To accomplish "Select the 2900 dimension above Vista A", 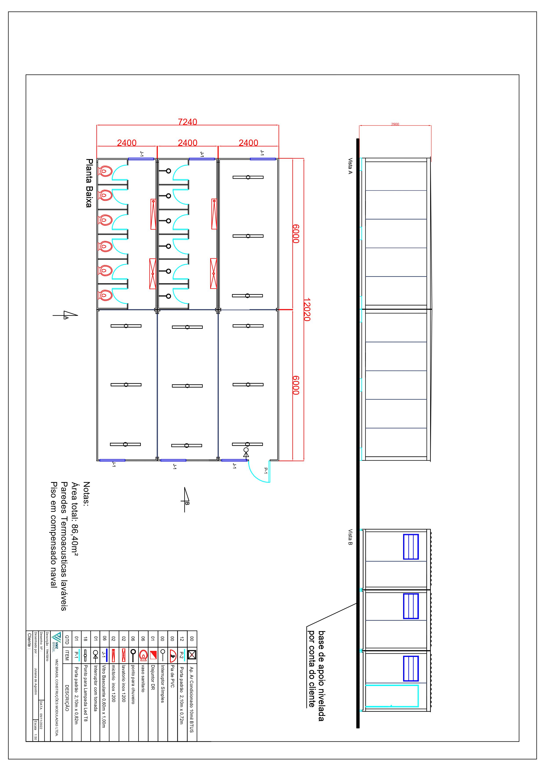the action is [x=395, y=124].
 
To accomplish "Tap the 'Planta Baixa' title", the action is [x=89, y=183].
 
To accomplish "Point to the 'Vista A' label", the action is [x=350, y=166].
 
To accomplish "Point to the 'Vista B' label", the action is [x=350, y=537].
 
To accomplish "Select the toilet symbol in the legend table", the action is [x=143, y=655].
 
